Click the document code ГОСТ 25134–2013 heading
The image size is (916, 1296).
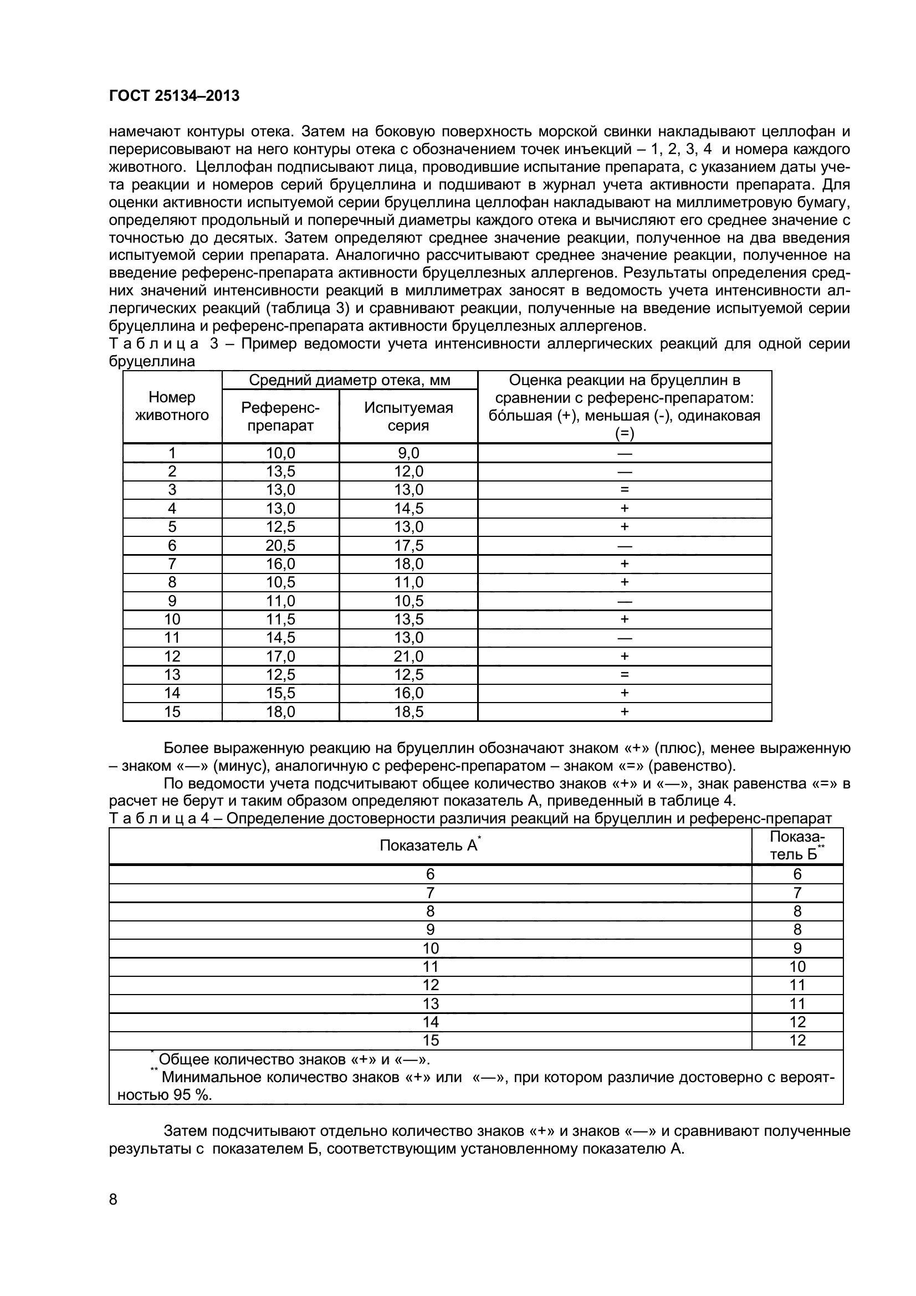point(174,96)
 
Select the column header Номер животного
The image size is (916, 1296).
point(172,406)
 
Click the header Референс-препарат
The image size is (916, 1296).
point(280,417)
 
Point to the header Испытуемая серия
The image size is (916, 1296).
point(408,417)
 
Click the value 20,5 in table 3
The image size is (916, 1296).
point(280,545)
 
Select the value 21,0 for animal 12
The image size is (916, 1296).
point(408,656)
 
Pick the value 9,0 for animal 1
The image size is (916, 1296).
point(408,453)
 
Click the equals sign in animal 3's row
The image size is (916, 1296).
point(624,490)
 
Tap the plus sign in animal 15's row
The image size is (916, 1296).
point(624,712)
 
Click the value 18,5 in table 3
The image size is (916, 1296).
point(408,712)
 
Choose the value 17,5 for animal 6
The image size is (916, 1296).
point(408,545)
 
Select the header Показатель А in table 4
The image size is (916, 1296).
point(429,845)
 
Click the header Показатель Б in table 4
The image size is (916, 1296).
point(797,845)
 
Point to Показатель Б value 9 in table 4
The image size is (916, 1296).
point(797,948)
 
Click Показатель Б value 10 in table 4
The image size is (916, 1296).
point(797,967)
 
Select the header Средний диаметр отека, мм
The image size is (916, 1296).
point(349,380)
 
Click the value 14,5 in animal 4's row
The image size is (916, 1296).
point(408,509)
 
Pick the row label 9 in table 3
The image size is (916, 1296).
point(172,601)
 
